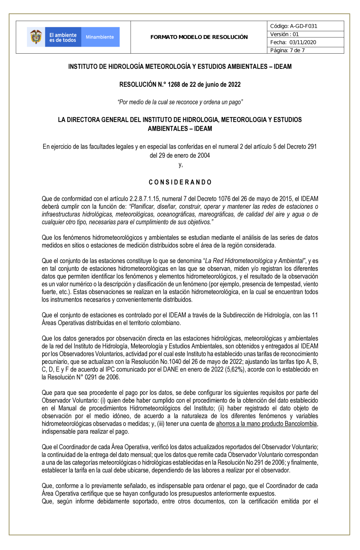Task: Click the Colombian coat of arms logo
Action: pos(36,37)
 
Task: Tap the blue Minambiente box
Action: pos(100,37)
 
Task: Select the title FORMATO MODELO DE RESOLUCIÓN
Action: pos(199,37)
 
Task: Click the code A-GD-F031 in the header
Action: pos(303,26)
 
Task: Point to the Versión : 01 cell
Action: pos(285,34)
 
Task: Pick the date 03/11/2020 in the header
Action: pos(303,42)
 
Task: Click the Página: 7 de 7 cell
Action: pos(288,50)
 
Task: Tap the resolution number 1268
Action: pos(174,85)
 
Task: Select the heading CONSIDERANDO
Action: pos(180,182)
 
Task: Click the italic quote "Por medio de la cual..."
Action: pos(180,102)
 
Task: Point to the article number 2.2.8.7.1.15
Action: pos(140,199)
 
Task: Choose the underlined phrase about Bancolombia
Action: pos(266,424)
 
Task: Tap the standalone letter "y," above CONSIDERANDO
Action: pos(180,165)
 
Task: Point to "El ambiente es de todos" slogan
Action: pos(63,37)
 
